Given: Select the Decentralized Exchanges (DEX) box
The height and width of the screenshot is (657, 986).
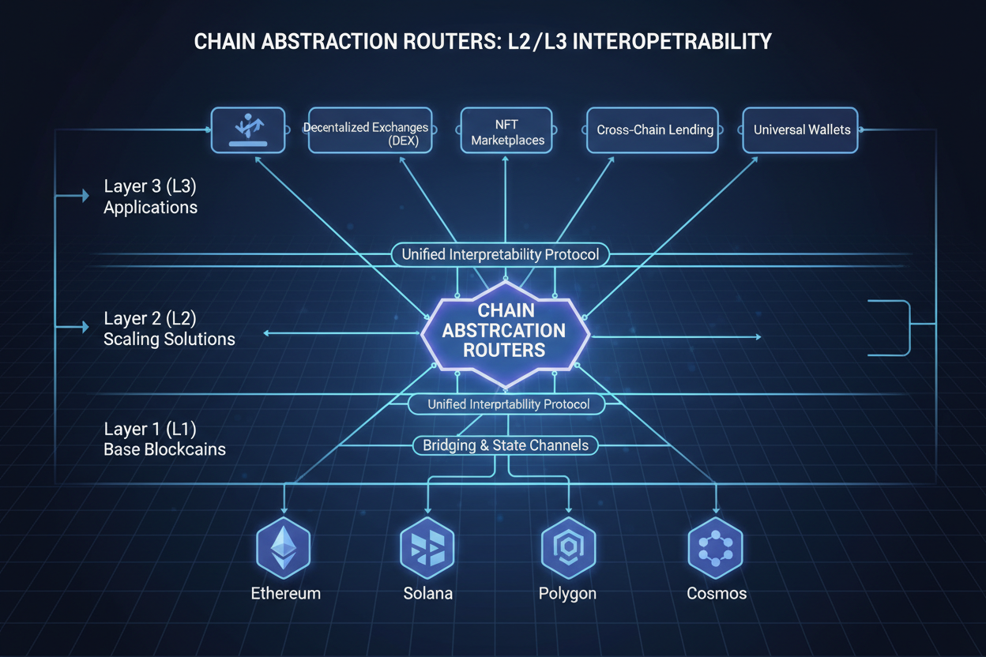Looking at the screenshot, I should (x=366, y=130).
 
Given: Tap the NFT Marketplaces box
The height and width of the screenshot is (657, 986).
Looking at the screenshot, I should (x=506, y=130).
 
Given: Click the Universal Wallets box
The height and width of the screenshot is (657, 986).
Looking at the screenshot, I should (x=801, y=130).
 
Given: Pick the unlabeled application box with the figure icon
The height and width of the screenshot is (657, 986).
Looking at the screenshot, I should (x=247, y=130).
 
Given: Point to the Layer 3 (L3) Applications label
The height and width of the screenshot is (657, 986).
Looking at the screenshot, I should (x=150, y=197).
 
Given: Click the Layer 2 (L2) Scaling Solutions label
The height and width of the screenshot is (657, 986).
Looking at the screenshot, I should (x=168, y=328).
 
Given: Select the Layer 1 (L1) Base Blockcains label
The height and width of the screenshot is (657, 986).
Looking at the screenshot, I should (x=164, y=439).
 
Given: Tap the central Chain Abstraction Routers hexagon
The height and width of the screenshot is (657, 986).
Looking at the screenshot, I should (x=505, y=331).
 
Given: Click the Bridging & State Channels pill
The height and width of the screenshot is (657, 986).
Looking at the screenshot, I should (x=505, y=445).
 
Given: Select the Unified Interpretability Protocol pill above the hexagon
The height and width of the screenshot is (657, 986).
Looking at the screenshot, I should (x=500, y=254).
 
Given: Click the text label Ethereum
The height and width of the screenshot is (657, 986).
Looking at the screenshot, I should (x=285, y=593).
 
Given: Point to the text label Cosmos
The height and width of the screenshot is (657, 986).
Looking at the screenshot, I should (x=716, y=593).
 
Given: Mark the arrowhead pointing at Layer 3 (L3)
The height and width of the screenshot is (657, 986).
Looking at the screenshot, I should (x=85, y=196).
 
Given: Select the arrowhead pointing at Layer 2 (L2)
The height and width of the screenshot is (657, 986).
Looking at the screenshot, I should (x=85, y=326).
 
